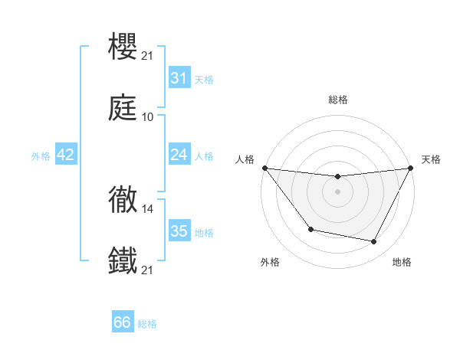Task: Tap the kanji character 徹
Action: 123,201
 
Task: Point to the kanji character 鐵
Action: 123,260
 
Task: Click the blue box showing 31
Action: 179,78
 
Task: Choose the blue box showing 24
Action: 179,155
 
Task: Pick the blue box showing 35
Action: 179,231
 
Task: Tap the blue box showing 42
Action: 66,155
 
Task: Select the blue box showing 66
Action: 123,323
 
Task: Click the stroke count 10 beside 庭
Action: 148,117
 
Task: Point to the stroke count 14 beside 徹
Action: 148,208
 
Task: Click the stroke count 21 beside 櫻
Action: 148,55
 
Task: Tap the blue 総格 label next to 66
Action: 147,324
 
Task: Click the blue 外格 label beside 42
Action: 41,156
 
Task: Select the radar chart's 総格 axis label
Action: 338,100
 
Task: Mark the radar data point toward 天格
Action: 411,168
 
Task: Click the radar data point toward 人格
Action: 264,168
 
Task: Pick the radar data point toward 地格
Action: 374,242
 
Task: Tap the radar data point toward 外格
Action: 310,229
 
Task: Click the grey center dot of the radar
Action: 338,191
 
